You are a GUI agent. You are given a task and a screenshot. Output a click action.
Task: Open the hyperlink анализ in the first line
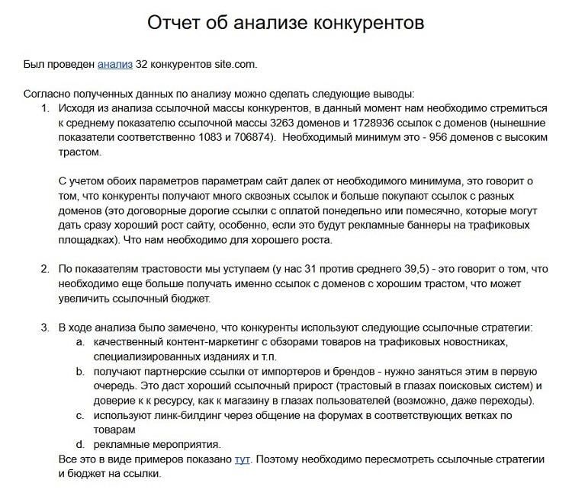click(x=115, y=65)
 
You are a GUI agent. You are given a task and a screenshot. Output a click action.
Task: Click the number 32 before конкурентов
click(x=143, y=65)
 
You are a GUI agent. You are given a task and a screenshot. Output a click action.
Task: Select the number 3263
click(x=268, y=123)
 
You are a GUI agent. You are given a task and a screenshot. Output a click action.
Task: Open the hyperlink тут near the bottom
click(x=243, y=459)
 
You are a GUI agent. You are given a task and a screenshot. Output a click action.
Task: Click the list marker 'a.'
click(x=80, y=342)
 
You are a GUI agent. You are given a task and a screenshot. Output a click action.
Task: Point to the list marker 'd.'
click(x=80, y=444)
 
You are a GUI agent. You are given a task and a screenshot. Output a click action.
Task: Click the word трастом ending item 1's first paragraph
click(x=79, y=152)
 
